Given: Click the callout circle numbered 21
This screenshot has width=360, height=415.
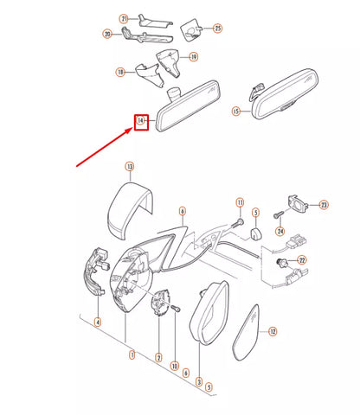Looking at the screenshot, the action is (124, 19).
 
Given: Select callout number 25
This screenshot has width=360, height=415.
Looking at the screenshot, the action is (218, 29).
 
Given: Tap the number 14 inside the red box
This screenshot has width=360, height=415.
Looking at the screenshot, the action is (140, 120).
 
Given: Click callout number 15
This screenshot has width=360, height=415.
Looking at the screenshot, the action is (236, 111).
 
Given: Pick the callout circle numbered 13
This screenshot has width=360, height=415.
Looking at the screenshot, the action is (130, 167).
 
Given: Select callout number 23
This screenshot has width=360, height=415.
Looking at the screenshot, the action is (324, 205).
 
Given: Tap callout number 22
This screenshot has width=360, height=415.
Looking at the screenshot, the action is (302, 260).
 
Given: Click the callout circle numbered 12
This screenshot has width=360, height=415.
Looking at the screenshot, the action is (273, 331).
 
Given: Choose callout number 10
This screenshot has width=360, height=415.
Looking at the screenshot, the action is (175, 366).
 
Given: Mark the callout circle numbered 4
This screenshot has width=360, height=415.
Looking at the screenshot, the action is (98, 322).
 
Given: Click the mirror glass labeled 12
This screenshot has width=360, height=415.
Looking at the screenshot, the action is (246, 333).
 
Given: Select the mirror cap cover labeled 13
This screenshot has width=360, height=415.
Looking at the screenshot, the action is (130, 210).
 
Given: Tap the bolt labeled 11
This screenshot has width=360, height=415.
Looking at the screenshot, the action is (237, 223).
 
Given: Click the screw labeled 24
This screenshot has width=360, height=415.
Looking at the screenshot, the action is (278, 215).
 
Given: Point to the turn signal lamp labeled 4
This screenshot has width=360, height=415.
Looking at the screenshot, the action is (98, 271).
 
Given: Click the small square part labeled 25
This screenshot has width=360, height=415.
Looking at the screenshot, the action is (190, 30).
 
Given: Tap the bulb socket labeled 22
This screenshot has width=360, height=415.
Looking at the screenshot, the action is (281, 263).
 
